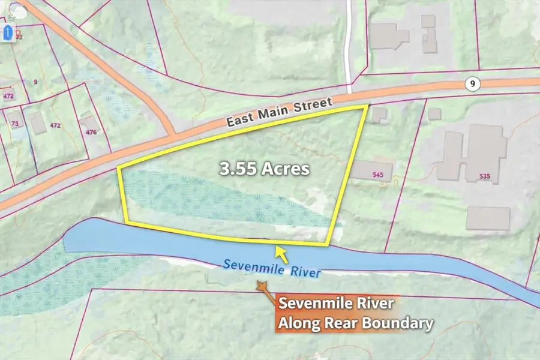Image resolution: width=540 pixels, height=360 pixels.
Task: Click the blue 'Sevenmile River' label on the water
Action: tap(271, 268)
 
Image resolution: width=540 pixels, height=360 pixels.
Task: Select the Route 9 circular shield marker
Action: tap(473, 85)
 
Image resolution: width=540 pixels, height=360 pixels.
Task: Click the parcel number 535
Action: tap(485, 176)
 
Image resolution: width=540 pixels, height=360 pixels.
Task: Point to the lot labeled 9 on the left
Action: tap(35, 81)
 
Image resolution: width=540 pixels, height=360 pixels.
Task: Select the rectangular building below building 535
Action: tap(488, 218)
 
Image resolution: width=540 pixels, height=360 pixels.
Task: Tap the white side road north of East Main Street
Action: tap(349, 42)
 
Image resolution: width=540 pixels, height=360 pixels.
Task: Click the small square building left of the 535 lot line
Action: tap(434, 113)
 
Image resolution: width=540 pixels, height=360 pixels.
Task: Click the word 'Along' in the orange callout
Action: tap(295, 324)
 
